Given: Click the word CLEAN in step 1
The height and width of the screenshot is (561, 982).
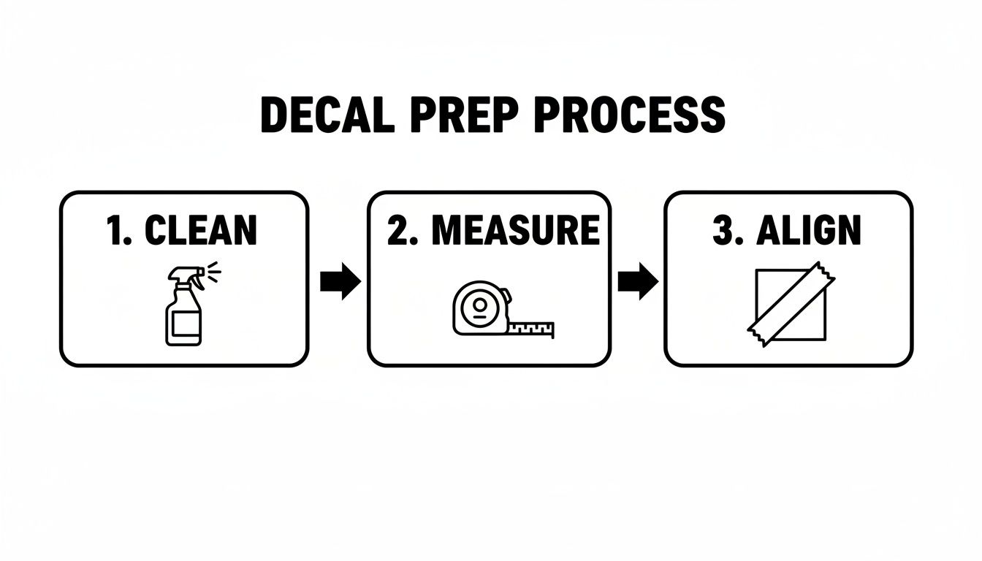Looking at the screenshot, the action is pos(201,230).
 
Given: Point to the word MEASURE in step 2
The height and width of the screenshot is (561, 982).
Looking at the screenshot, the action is pos(515,230).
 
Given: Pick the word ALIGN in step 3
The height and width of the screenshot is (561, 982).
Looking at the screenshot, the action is pos(809,230).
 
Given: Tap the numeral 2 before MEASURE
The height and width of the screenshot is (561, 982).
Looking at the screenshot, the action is pos(398,230).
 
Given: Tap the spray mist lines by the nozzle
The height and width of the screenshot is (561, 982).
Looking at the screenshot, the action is pos(213,272).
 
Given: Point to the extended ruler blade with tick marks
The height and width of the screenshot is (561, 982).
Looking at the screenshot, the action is pos(532,329).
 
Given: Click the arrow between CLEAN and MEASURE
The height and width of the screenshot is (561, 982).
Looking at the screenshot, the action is pos(340,283).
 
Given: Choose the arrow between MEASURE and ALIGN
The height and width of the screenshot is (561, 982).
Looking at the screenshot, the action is pos(637,283).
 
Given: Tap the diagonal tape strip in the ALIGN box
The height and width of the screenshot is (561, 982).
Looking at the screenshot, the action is pos(791,305).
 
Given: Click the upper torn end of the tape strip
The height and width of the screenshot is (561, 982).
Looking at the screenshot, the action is pos(825,275).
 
